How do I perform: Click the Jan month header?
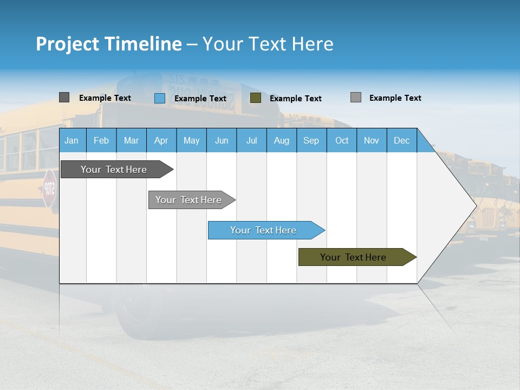(x=72, y=140)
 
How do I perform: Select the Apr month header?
(x=161, y=140)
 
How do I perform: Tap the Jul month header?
(x=251, y=140)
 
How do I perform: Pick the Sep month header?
(x=311, y=140)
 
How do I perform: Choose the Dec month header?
(x=401, y=140)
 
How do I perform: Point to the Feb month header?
(x=101, y=140)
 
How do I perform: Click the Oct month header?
(x=342, y=140)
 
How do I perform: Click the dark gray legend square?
(x=64, y=97)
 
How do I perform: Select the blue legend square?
(x=160, y=98)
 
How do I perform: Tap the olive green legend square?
(x=256, y=98)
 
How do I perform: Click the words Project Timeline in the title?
(x=108, y=44)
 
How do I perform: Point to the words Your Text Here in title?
(x=268, y=44)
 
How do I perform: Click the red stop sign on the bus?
(x=49, y=188)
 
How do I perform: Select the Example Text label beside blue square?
(x=200, y=99)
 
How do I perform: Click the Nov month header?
(x=372, y=140)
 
